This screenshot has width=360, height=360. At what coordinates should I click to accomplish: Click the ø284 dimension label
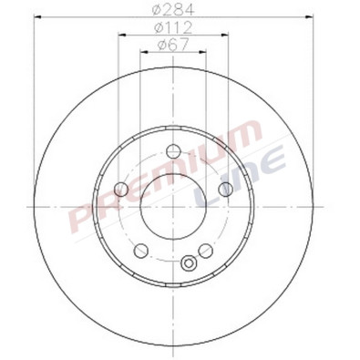pyautogui.click(x=173, y=10)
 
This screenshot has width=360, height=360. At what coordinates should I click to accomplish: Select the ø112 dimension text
pyautogui.click(x=173, y=28)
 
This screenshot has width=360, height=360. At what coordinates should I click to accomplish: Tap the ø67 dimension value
pyautogui.click(x=172, y=45)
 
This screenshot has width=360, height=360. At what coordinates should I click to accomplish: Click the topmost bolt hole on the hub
pyautogui.click(x=172, y=151)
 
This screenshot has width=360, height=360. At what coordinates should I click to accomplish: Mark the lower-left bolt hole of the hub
pyautogui.click(x=139, y=251)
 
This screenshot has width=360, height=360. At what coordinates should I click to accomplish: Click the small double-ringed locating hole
pyautogui.click(x=189, y=264)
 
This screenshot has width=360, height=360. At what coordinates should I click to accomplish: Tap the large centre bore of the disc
pyautogui.click(x=172, y=208)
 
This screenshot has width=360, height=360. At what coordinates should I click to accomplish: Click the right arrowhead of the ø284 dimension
pyautogui.click(x=311, y=19)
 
